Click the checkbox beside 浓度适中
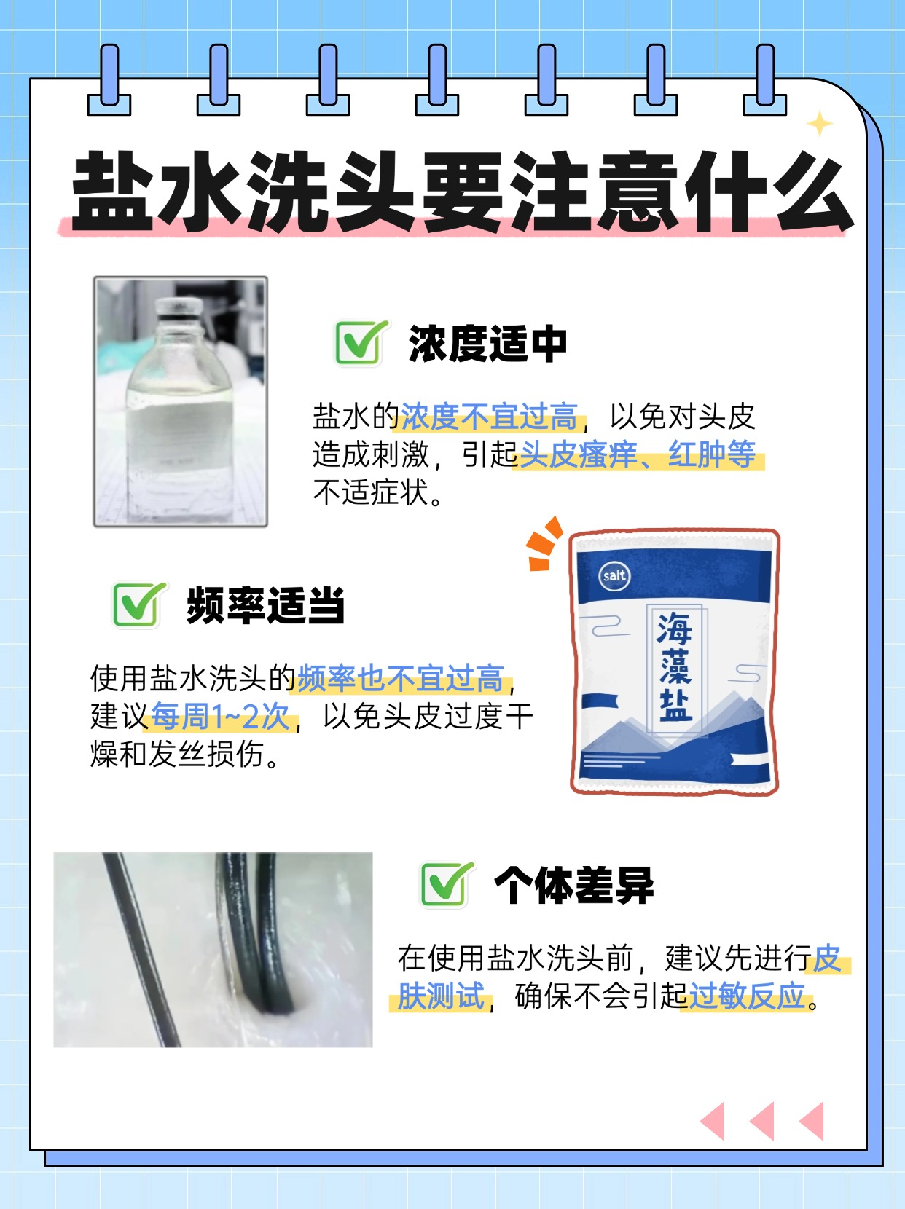[x=359, y=342]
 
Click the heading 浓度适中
[x=487, y=344]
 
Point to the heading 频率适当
[x=265, y=605]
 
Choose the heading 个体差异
[x=574, y=886]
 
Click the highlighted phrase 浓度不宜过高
[x=489, y=417]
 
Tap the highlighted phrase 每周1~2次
[x=221, y=717]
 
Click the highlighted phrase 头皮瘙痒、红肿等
[x=637, y=455]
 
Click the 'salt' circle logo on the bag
[x=614, y=575]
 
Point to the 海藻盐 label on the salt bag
[x=675, y=666]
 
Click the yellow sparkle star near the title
[x=820, y=124]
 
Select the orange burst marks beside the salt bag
[x=545, y=543]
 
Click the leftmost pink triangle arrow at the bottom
[x=713, y=1121]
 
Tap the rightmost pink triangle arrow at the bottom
[x=812, y=1121]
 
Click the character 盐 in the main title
[x=113, y=192]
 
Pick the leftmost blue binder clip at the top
[x=109, y=80]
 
